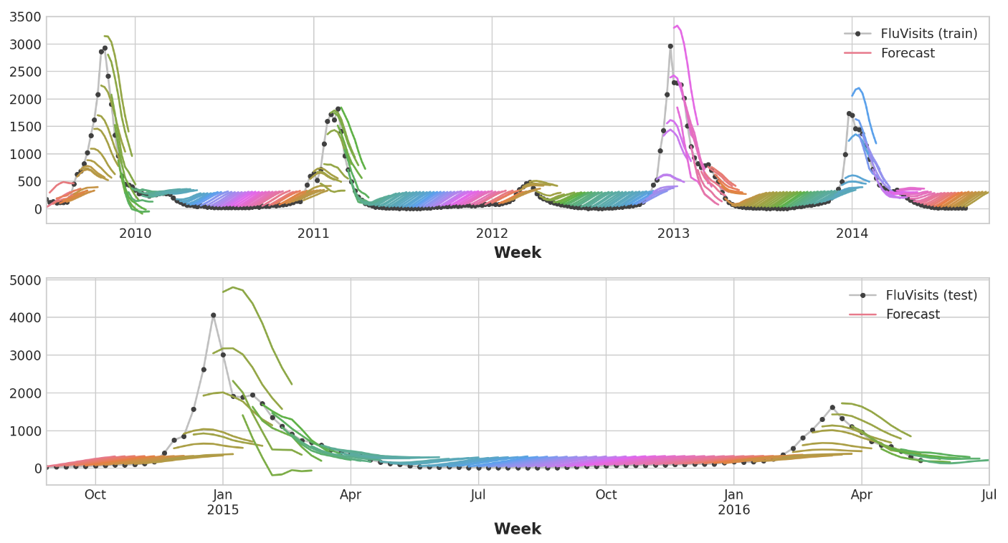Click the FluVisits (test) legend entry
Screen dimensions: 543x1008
pos(931,295)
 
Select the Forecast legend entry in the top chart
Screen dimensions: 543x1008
pos(908,53)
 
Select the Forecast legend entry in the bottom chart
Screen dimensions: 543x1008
pos(913,314)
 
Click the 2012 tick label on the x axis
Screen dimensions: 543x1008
pos(492,234)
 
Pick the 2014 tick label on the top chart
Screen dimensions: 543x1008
pos(852,234)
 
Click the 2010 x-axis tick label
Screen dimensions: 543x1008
pos(135,234)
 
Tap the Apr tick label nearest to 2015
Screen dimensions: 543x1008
pos(351,495)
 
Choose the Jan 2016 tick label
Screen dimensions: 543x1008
pos(733,502)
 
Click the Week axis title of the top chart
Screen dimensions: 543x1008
pos(517,253)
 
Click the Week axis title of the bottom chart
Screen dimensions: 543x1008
pos(517,529)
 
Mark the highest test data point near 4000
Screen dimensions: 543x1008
pos(213,315)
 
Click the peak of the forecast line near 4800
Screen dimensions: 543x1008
pos(234,287)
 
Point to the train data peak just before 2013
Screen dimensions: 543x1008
pos(670,46)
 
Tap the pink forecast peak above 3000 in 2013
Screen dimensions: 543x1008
pos(677,25)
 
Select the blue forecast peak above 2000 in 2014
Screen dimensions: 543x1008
pos(859,88)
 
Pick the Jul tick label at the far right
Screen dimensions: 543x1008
pos(989,495)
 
